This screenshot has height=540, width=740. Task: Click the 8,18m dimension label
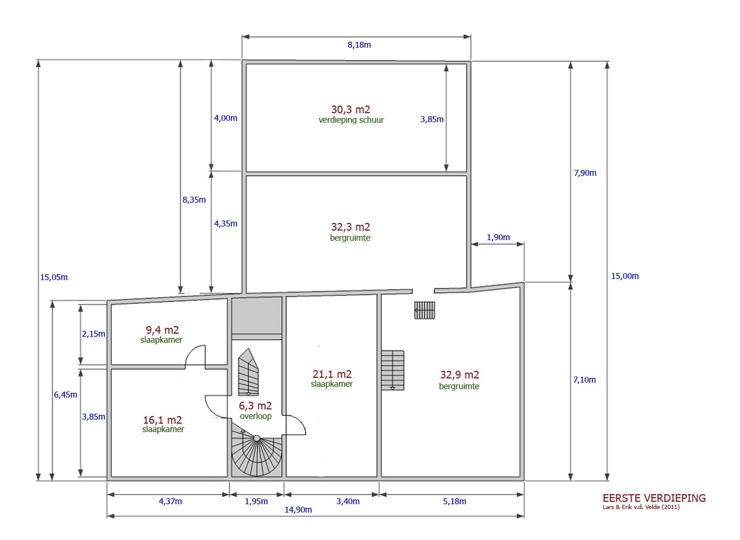359,45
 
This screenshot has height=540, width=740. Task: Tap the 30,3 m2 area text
350,110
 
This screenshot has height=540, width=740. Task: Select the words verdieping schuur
351,120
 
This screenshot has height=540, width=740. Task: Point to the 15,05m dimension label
54,277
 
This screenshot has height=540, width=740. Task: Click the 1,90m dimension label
498,237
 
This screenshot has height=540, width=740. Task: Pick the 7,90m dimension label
585,173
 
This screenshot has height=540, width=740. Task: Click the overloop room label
256,416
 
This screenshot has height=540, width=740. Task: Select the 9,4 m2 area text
162,330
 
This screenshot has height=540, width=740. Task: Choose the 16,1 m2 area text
162,420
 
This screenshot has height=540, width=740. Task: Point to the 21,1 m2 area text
332,374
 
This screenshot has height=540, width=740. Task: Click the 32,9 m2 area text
459,375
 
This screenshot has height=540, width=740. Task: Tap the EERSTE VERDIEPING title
654,498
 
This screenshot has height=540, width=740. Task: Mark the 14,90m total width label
298,510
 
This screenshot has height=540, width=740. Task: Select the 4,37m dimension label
170,502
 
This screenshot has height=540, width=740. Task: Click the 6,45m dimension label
66,395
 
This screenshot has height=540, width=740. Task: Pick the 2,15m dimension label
94,334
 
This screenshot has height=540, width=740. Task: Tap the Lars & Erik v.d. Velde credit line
641,507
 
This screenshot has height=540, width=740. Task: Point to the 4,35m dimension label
226,224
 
